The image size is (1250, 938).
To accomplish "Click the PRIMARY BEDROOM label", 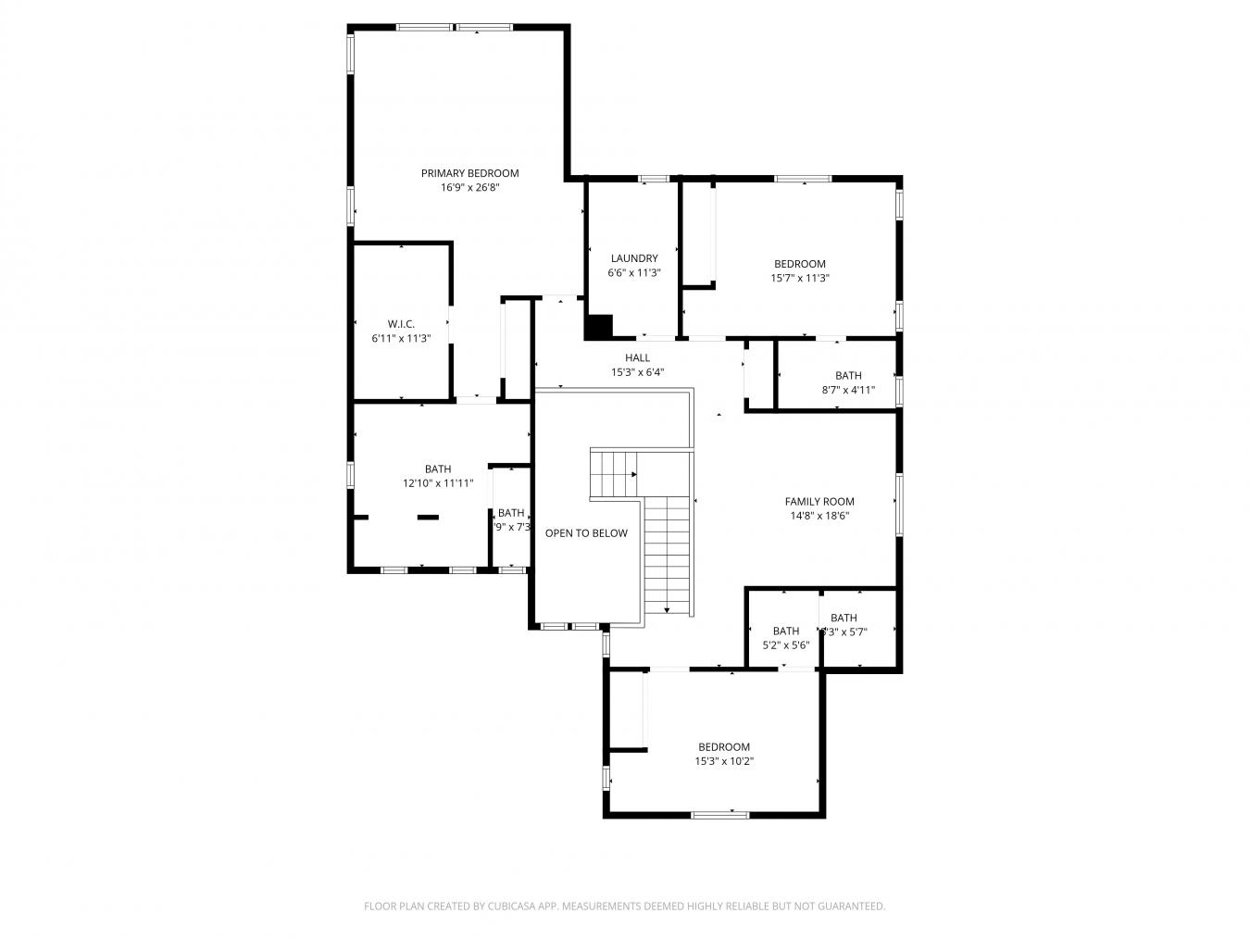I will pyautogui.click(x=469, y=173).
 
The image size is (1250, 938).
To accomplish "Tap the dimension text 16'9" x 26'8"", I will pyautogui.click(x=469, y=188).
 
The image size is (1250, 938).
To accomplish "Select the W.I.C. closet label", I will pyautogui.click(x=401, y=324).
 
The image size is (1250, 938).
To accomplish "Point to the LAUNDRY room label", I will pyautogui.click(x=634, y=258).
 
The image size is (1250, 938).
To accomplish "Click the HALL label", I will pyautogui.click(x=637, y=357).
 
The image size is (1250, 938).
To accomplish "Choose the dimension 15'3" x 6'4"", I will pyautogui.click(x=637, y=373).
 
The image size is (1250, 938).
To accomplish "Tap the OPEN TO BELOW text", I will pyautogui.click(x=586, y=533).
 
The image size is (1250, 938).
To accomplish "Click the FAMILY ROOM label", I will pyautogui.click(x=819, y=502).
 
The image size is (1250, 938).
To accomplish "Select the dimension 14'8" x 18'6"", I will pyautogui.click(x=819, y=517).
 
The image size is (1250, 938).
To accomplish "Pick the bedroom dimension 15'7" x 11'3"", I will pyautogui.click(x=800, y=278).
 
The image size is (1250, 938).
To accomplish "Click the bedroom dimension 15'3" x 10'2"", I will pyautogui.click(x=724, y=762).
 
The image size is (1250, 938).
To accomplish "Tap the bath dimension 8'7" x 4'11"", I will pyautogui.click(x=848, y=391).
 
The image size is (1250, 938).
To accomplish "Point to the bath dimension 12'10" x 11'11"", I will pyautogui.click(x=438, y=483).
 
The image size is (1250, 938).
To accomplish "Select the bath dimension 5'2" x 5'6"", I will pyautogui.click(x=786, y=645).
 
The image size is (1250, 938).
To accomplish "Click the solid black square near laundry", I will pyautogui.click(x=599, y=327).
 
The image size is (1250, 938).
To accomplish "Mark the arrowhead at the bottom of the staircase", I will pyautogui.click(x=667, y=608).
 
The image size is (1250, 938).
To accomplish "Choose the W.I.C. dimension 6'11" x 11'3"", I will pyautogui.click(x=401, y=339).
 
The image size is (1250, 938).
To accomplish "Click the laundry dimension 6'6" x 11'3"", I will pyautogui.click(x=634, y=273).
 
